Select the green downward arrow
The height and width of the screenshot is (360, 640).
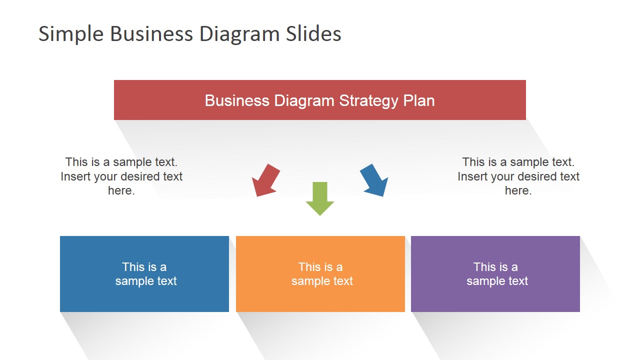click(x=320, y=198)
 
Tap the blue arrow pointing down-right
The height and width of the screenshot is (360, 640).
click(x=374, y=180)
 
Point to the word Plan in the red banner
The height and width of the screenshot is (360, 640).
click(x=419, y=100)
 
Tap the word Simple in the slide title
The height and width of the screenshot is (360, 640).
click(x=71, y=34)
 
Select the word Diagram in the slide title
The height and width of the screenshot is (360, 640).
click(x=239, y=34)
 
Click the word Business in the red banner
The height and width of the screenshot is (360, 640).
click(x=237, y=100)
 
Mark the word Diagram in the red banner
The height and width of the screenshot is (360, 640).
click(x=304, y=100)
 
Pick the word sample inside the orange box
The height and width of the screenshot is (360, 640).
click(x=309, y=281)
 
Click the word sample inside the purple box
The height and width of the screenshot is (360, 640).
click(x=484, y=281)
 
